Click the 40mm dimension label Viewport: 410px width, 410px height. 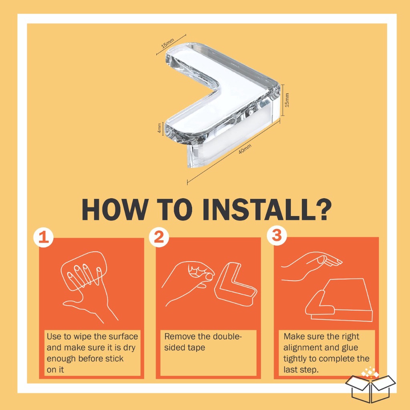click(x=245, y=149)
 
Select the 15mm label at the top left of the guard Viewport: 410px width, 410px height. click(x=168, y=43)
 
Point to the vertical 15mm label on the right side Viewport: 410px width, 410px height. click(x=287, y=100)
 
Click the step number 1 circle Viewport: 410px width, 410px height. click(x=43, y=238)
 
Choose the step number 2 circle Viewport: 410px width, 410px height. click(x=159, y=237)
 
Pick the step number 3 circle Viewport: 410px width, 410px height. click(x=277, y=235)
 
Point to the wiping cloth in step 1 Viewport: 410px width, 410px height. click(x=84, y=271)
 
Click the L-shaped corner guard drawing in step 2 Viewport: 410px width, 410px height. click(x=235, y=285)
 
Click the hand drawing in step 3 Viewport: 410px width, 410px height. click(x=311, y=266)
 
